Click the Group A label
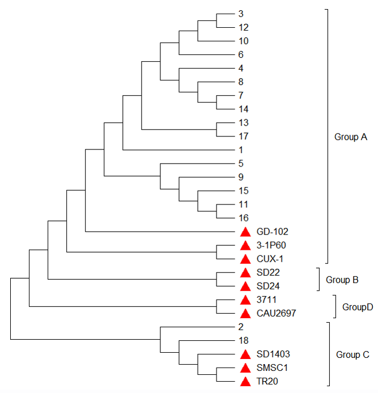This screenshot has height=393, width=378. (351, 137)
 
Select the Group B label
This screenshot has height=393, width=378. (342, 280)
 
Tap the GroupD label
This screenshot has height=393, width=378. (357, 307)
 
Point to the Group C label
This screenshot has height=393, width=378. (352, 355)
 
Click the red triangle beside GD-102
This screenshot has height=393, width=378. (245, 232)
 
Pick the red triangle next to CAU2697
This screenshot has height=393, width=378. (245, 313)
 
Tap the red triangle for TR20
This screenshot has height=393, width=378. (245, 382)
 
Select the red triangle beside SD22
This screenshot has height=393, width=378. (245, 273)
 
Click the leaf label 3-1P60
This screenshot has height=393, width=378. (272, 245)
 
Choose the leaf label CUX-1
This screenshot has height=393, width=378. (270, 259)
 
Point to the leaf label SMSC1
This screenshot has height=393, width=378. (271, 368)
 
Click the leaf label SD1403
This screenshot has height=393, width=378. (273, 354)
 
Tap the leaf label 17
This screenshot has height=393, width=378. (244, 136)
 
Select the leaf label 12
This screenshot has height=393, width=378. (244, 27)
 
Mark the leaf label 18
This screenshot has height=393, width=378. (244, 340)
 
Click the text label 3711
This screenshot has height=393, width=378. (266, 300)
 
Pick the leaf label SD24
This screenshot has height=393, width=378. (267, 286)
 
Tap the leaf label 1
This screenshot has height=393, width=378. (241, 150)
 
